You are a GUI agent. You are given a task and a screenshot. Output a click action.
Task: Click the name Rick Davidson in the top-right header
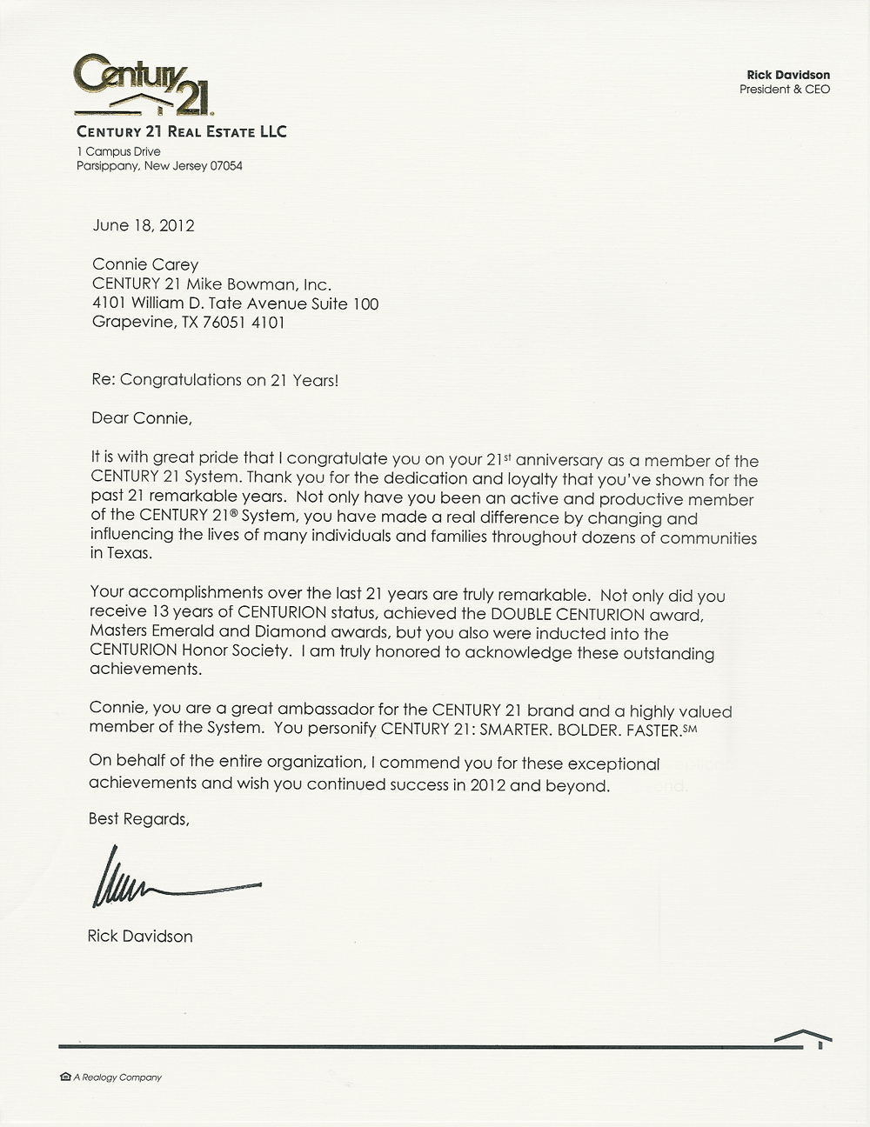click(789, 75)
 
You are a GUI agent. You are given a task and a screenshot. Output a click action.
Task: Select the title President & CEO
click(785, 89)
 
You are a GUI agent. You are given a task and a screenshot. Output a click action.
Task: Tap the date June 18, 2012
click(144, 225)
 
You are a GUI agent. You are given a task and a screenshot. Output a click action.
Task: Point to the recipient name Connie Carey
click(145, 264)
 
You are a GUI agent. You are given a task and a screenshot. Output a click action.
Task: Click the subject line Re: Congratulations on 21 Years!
click(215, 380)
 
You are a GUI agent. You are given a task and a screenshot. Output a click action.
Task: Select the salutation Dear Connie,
click(141, 418)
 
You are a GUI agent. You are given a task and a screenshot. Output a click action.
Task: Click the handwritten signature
click(174, 883)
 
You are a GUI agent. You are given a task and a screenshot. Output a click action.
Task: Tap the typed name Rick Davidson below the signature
click(140, 937)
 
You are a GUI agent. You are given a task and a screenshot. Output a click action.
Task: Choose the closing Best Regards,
click(138, 819)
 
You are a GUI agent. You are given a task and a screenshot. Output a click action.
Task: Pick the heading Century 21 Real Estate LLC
click(181, 132)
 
